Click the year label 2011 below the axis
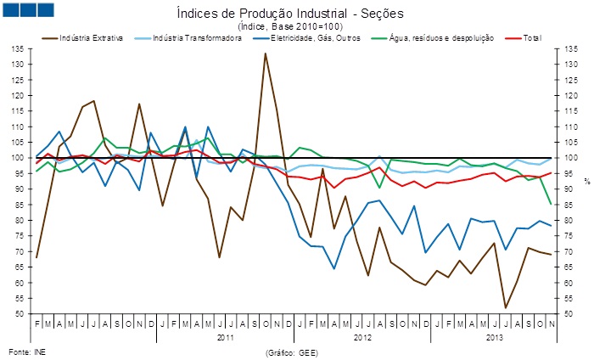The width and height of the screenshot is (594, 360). coord(224,337)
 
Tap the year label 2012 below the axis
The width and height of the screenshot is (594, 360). coord(362,337)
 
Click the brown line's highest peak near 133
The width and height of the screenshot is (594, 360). coord(265,53)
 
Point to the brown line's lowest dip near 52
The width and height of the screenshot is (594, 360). coord(506,307)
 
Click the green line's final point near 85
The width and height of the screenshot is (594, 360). coord(551,204)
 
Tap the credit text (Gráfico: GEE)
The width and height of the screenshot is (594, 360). coord(292,350)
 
